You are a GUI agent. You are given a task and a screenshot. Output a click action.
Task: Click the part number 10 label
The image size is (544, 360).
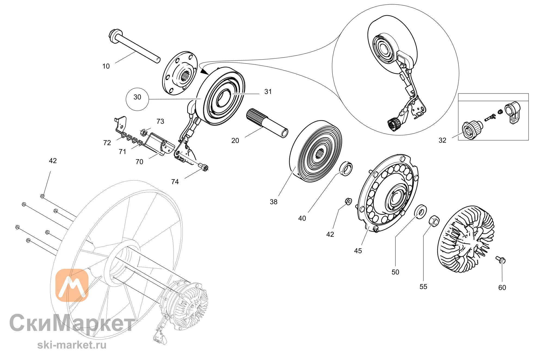tap(106, 66)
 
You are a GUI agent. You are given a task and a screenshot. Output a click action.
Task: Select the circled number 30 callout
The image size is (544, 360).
tap(137, 99)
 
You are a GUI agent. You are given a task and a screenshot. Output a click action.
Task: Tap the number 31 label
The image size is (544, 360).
tap(268, 92)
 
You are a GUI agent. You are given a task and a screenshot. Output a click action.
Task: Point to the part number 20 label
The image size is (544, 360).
tap(235, 141)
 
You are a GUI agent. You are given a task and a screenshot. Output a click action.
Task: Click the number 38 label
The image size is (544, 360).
tap(273, 202)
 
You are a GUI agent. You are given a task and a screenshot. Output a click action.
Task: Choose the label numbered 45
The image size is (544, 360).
tap(358, 251)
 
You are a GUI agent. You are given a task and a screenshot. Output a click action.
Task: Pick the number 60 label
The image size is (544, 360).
tap(502, 288)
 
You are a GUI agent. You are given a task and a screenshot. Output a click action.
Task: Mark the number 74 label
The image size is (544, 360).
tap(175, 182)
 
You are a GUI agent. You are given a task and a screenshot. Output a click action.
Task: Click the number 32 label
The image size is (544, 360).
tap(443, 140)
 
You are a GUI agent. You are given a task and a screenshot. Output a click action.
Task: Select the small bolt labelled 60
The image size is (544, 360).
tap(500, 260)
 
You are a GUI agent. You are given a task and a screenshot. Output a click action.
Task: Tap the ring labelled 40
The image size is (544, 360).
tap(347, 169)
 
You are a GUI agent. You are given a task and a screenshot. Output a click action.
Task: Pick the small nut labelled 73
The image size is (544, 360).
tap(144, 132)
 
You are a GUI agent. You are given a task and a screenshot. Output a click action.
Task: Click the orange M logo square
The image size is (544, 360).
tap(72, 285)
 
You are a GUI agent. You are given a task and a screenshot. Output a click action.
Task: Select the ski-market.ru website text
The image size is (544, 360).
tap(72, 345)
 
